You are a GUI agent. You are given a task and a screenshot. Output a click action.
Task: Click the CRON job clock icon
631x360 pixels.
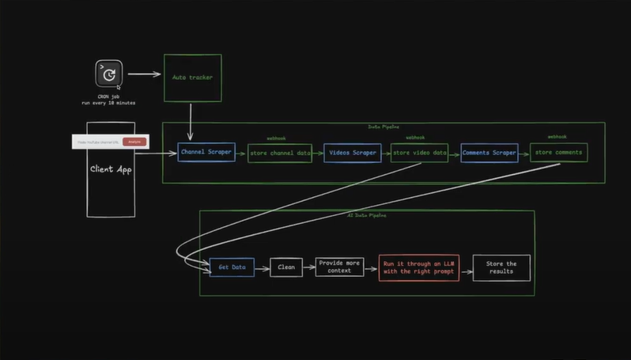[109, 74]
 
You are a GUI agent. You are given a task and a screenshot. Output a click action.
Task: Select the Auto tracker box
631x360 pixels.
[192, 78]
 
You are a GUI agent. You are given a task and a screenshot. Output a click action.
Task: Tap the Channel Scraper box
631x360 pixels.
[206, 152]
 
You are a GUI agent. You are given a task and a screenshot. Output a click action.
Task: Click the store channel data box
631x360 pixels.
[280, 153]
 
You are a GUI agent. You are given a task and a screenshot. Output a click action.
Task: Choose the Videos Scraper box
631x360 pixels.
[353, 153]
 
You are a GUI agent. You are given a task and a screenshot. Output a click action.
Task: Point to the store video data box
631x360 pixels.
[419, 153]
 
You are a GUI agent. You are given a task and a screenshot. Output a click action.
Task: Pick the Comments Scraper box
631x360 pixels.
[489, 153]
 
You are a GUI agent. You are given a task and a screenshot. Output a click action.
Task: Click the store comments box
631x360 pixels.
[558, 153]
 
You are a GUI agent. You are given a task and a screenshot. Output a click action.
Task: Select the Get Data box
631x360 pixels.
[232, 267]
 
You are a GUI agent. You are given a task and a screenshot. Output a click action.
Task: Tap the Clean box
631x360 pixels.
[285, 267]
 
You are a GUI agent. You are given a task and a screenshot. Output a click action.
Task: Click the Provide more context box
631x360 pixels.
[340, 267]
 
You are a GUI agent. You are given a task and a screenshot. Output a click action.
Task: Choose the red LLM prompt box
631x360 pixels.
[418, 267]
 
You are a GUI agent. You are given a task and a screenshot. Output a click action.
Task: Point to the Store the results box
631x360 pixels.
[501, 267]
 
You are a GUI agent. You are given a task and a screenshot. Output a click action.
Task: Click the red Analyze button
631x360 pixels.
[134, 142]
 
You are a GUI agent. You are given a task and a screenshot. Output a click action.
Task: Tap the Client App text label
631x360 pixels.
[111, 169]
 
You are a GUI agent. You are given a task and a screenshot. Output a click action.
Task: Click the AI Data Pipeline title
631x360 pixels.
[366, 214]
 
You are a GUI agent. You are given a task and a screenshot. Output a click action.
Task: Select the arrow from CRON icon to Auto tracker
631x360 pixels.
[144, 75]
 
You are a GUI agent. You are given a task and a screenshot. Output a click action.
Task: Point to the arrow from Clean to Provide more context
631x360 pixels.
[309, 267]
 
